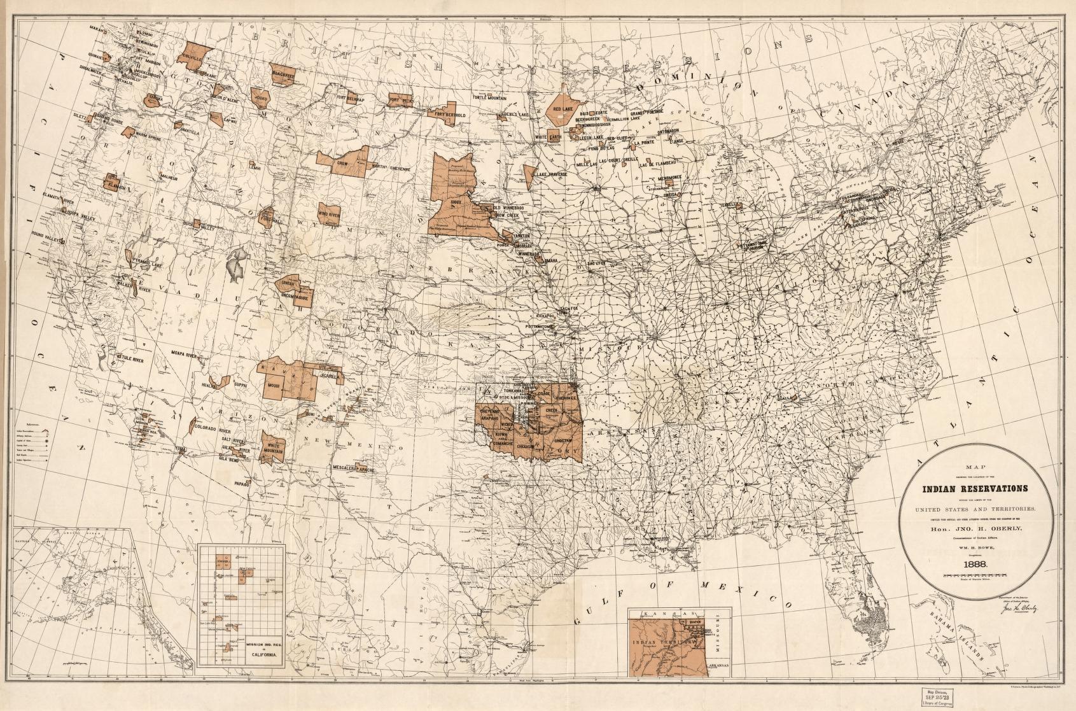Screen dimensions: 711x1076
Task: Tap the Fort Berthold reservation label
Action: coord(451,115)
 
